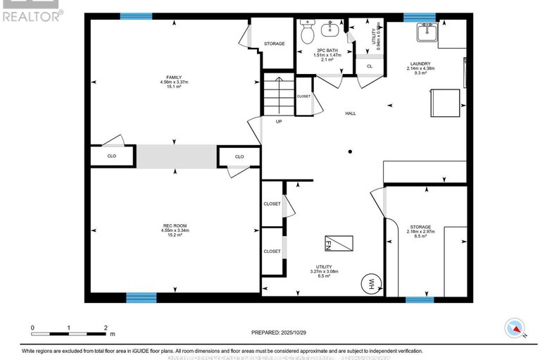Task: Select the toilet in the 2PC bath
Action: [x=308, y=30]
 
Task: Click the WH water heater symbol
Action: [x=371, y=283]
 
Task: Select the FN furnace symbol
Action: [x=338, y=243]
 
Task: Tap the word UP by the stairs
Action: [x=279, y=121]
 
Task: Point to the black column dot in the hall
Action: [x=350, y=150]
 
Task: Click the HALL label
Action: [x=350, y=113]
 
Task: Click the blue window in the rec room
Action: [x=141, y=298]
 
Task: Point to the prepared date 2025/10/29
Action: [x=280, y=332]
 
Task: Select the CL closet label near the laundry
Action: [x=369, y=66]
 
